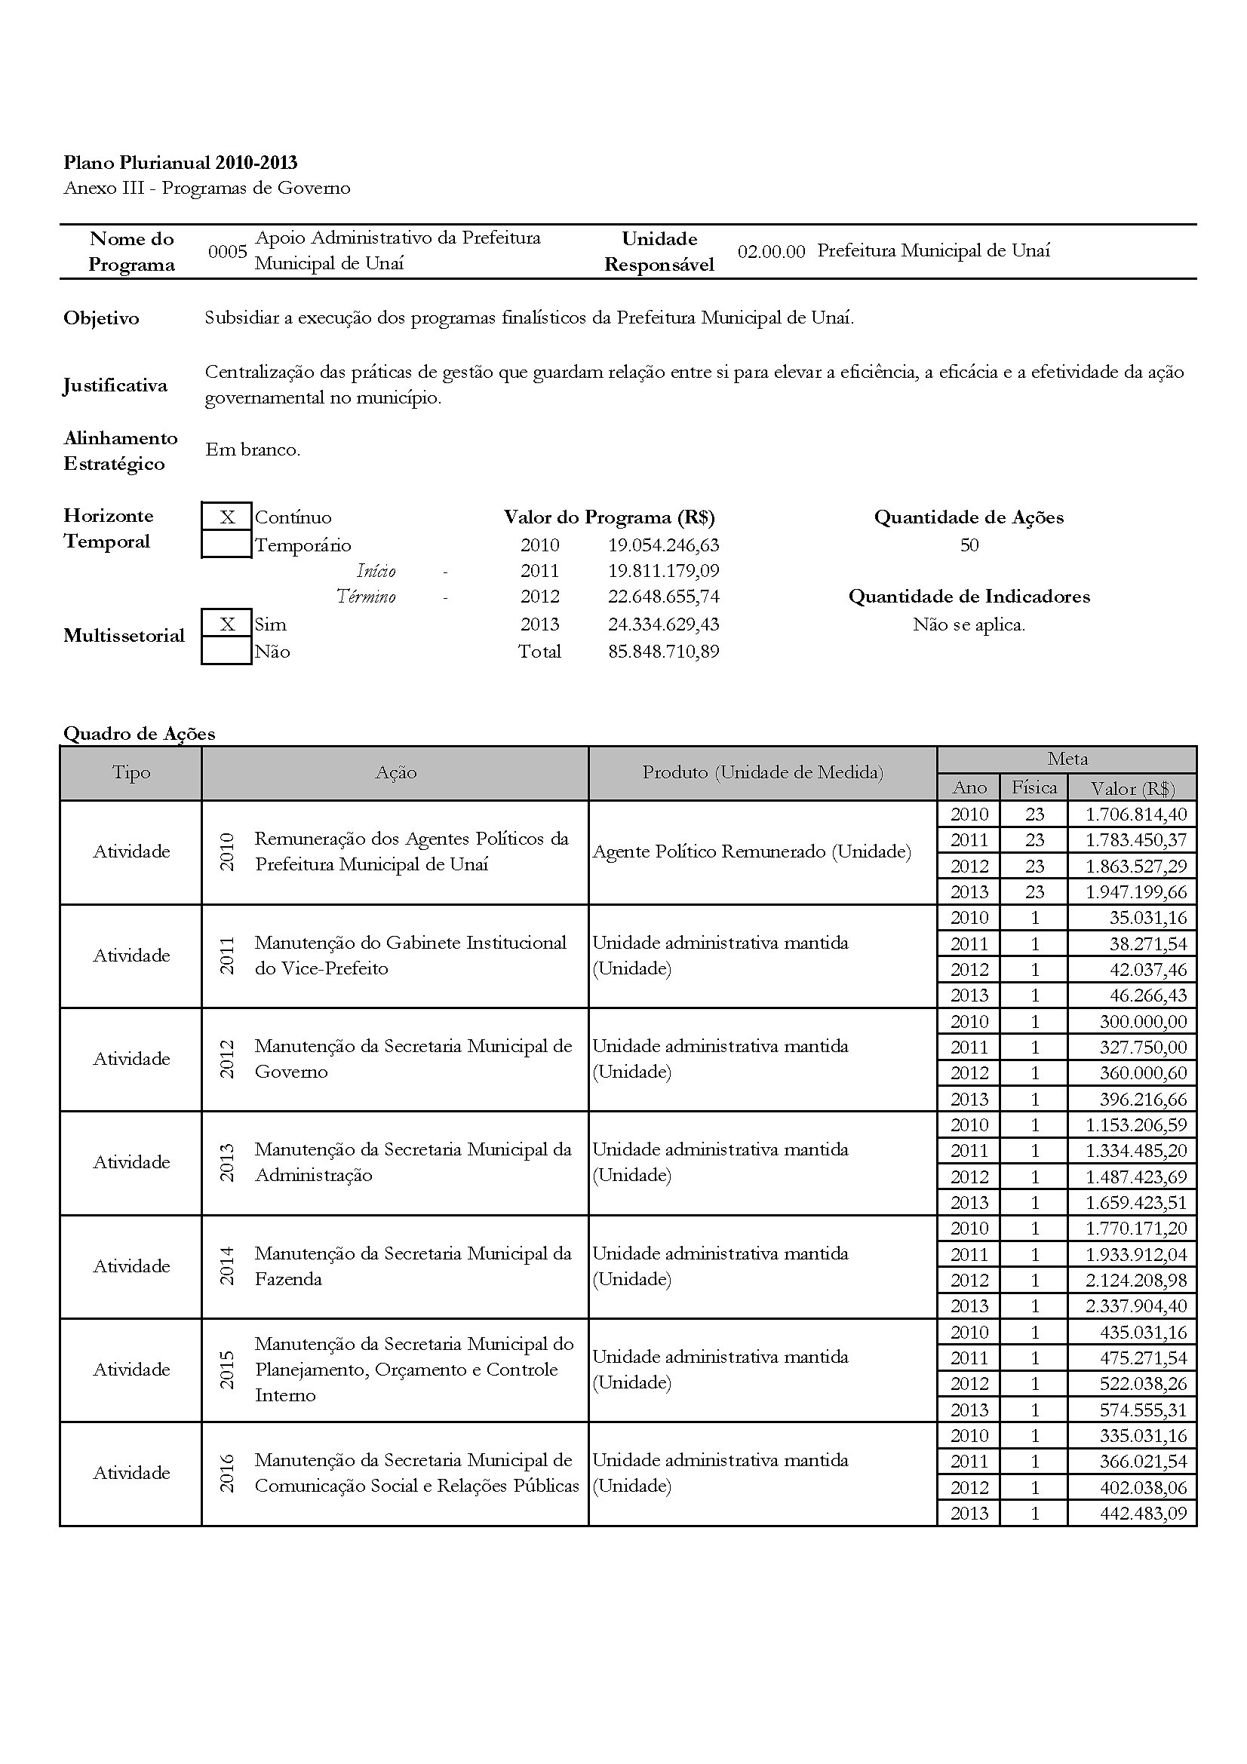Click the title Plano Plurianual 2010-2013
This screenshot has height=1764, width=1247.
pyautogui.click(x=180, y=163)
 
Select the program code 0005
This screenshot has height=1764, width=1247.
pyautogui.click(x=227, y=252)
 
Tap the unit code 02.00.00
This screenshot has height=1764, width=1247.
pyautogui.click(x=771, y=252)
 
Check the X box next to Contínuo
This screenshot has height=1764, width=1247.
pyautogui.click(x=226, y=517)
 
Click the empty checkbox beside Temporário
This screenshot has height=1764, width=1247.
pyautogui.click(x=226, y=544)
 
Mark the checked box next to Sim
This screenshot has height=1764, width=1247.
pyautogui.click(x=226, y=624)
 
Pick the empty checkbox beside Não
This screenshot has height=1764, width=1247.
pyautogui.click(x=226, y=652)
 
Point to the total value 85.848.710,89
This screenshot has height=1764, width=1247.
pyautogui.click(x=663, y=652)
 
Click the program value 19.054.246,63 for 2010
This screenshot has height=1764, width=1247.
pyautogui.click(x=663, y=545)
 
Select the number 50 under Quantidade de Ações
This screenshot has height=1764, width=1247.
pyautogui.click(x=969, y=545)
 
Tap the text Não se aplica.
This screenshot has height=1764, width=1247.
pyautogui.click(x=969, y=624)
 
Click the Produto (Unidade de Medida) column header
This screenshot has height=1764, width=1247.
pyautogui.click(x=762, y=773)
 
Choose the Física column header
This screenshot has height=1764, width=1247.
pyautogui.click(x=1034, y=787)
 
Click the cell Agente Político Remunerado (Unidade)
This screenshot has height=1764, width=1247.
pyautogui.click(x=751, y=852)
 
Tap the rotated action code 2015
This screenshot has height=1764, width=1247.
pyautogui.click(x=227, y=1370)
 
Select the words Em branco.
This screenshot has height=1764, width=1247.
pyautogui.click(x=253, y=450)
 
